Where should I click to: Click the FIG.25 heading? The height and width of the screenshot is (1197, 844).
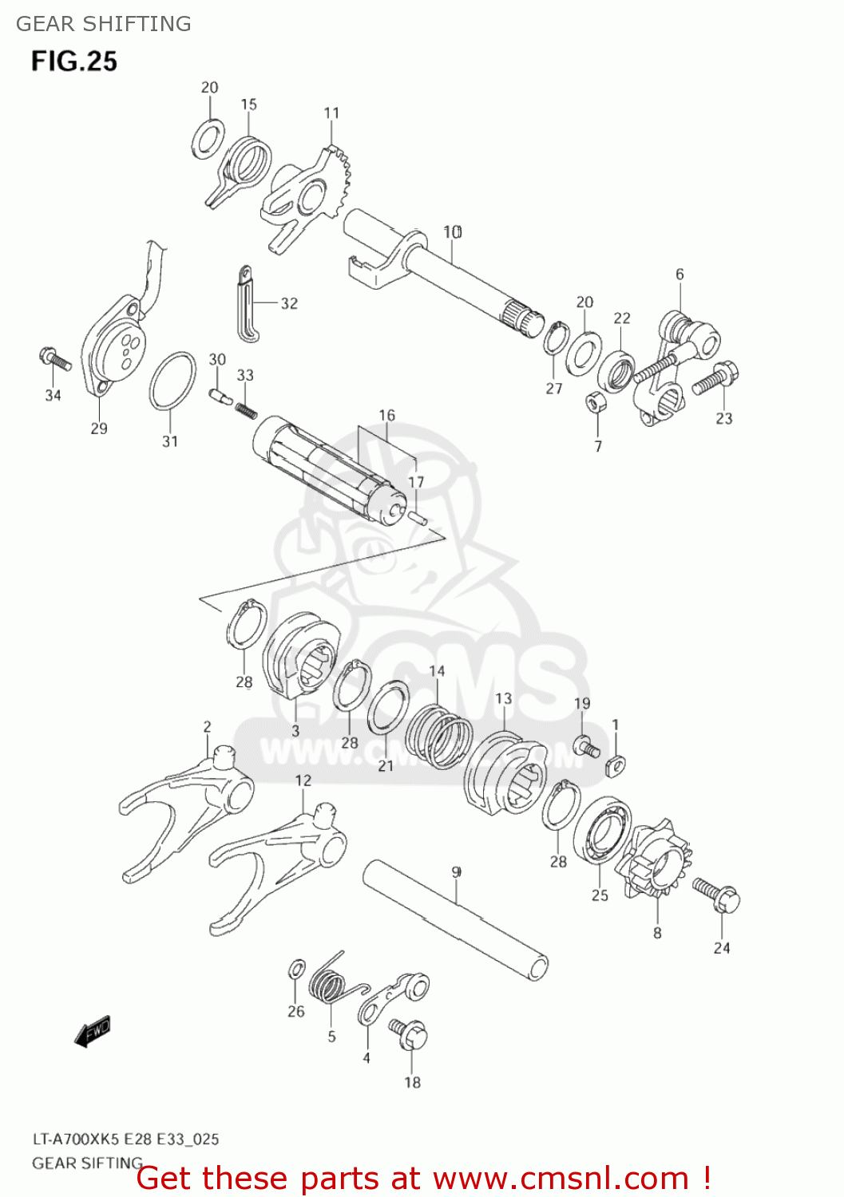(x=74, y=61)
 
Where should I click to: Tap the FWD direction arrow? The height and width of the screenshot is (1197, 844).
(x=93, y=1031)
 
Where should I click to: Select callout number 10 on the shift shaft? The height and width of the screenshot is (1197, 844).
(x=453, y=232)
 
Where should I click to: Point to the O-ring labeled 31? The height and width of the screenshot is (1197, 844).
(x=172, y=381)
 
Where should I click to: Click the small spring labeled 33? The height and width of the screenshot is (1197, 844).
(x=247, y=410)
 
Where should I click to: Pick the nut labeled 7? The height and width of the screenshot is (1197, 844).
(x=595, y=402)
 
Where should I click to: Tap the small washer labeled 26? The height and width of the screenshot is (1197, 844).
(x=295, y=970)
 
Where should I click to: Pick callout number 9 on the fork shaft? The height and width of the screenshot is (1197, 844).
(x=456, y=872)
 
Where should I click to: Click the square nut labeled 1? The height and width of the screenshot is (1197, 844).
(x=616, y=764)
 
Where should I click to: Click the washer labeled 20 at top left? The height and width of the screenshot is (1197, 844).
(x=208, y=140)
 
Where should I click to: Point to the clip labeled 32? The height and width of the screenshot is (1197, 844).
(x=248, y=304)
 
